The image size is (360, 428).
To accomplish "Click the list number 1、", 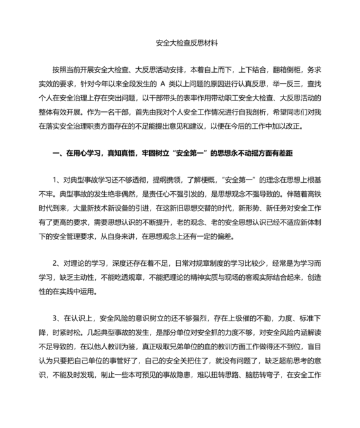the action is coord(57,178).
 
